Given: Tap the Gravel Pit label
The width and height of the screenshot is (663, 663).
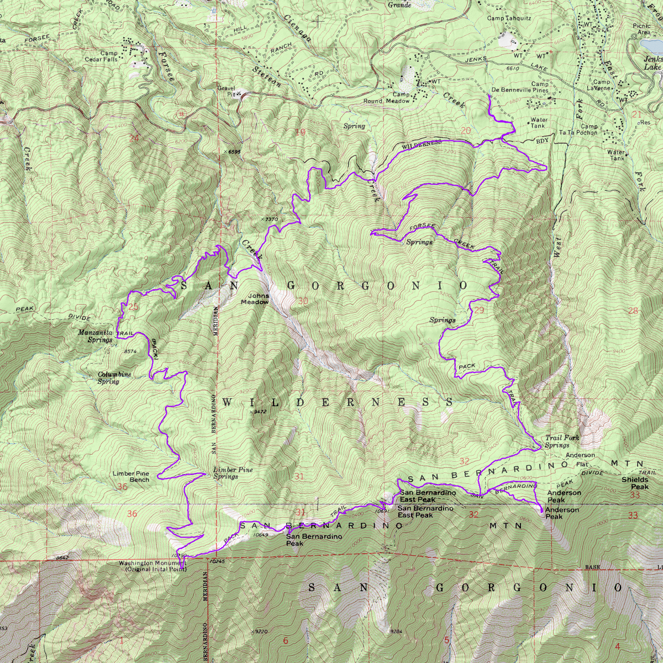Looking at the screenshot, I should coord(226,91).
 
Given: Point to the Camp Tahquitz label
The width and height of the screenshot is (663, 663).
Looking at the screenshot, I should coord(509,18).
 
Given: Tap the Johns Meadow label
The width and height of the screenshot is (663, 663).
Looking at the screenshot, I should coord(255,299).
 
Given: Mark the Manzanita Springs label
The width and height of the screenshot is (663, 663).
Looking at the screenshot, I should coord(96,336).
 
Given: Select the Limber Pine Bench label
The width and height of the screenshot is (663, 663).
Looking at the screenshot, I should coord(131,477).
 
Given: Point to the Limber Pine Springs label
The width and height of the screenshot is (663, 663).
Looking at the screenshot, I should coord(233,473).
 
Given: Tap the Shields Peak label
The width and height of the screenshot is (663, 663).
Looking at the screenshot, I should coord(635,483).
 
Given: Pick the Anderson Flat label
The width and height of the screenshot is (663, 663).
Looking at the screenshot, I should coord(580,460).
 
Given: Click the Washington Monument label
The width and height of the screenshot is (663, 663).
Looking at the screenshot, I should coord(153,566).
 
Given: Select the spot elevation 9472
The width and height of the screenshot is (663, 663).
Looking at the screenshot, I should coord(259,412).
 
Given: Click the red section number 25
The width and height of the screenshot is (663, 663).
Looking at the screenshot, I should coord(133,307).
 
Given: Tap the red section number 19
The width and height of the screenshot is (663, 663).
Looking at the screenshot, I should coord(300,132).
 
